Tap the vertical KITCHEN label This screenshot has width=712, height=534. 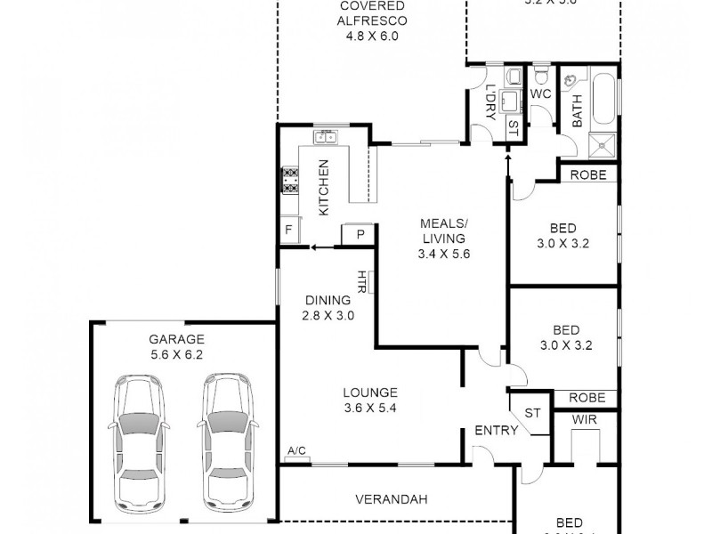[324, 187]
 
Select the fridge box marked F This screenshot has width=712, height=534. [288, 231]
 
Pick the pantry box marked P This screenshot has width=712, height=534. [360, 233]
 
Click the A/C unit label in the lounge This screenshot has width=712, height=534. [296, 452]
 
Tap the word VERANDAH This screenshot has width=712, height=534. [391, 499]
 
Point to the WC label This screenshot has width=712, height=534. [541, 93]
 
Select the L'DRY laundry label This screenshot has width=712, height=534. [489, 101]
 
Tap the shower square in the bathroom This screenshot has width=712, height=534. [604, 139]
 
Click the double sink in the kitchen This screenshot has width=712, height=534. [325, 137]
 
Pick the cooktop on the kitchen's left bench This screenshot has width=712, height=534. [290, 181]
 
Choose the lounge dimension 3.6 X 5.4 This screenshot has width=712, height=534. [370, 409]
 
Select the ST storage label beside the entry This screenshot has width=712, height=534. [532, 413]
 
